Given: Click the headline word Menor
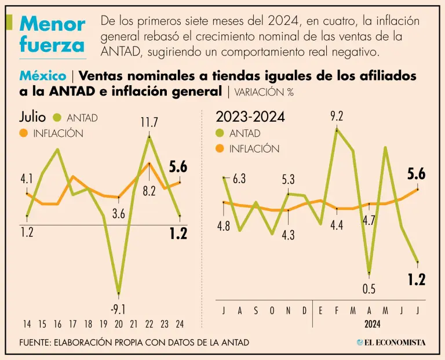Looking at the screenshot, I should (x=53, y=24).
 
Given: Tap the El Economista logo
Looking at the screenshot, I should (x=391, y=343).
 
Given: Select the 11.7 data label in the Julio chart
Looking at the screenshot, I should (x=149, y=123).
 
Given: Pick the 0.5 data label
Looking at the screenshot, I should (x=369, y=289).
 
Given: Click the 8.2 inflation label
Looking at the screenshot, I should (x=149, y=190).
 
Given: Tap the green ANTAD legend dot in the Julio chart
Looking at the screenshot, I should (x=57, y=118).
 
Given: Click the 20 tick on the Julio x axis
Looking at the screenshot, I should (x=118, y=324).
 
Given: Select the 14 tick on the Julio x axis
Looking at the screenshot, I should (x=27, y=324).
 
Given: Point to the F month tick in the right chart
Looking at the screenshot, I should (x=337, y=311).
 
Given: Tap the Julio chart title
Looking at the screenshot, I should (x=32, y=117).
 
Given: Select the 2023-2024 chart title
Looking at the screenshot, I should (x=250, y=117).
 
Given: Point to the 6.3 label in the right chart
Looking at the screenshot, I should (x=239, y=179).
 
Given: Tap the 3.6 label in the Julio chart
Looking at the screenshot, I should (x=118, y=214).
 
